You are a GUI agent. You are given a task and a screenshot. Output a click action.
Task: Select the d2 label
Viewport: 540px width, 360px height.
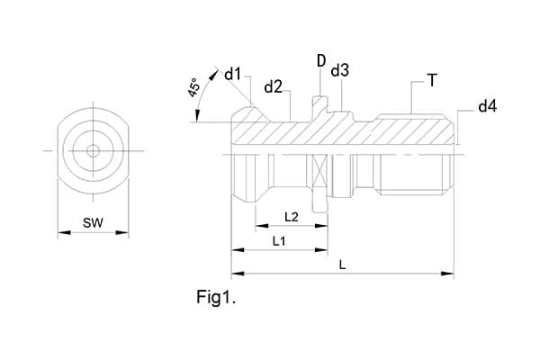click(274, 87)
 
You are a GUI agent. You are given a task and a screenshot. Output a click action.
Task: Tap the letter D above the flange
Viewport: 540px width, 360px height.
click(320, 60)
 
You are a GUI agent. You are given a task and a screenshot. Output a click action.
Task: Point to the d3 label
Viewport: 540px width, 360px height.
click(339, 70)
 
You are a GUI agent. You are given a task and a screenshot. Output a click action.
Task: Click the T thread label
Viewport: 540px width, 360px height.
click(432, 81)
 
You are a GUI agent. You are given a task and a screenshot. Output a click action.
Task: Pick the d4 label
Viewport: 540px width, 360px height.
click(487, 107)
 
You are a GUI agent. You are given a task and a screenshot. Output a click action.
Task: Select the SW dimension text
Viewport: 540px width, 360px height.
click(93, 221)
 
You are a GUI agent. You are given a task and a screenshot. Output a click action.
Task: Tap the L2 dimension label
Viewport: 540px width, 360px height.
click(291, 217)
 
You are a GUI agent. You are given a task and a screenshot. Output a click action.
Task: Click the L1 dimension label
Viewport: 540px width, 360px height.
click(278, 241)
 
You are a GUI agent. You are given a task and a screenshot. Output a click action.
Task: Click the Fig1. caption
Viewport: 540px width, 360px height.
click(216, 296)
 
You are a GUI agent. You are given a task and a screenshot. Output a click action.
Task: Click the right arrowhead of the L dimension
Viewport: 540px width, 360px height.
click(451, 272)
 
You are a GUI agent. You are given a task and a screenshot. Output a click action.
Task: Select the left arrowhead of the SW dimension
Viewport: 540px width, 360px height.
click(61, 232)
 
